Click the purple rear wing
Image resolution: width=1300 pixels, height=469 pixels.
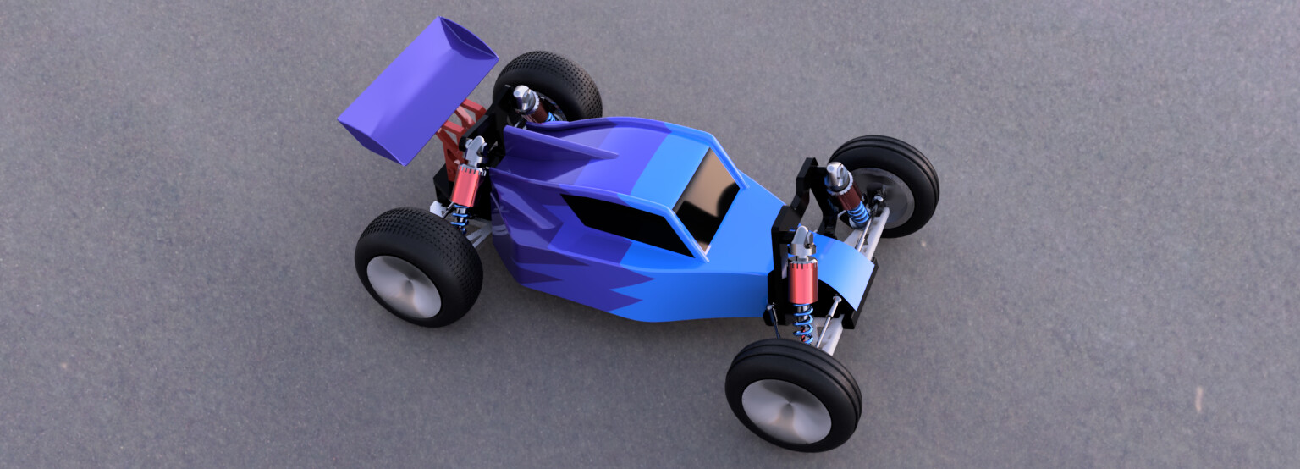pyautogui.click(x=416, y=89)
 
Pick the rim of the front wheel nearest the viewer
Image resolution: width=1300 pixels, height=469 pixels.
pyautogui.click(x=785, y=411)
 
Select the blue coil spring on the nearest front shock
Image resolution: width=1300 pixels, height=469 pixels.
pyautogui.click(x=802, y=321)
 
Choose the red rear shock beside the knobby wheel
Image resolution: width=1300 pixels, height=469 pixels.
pyautogui.click(x=464, y=187)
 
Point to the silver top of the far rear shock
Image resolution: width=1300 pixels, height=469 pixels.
pyautogui.click(x=526, y=100)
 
